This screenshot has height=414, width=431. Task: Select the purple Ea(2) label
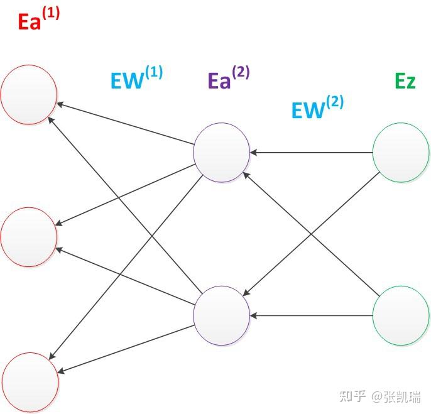pos(228,79)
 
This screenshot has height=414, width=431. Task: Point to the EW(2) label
pos(317,108)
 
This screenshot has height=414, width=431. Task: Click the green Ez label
pos(405,81)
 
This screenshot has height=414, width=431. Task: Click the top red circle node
pos(28,95)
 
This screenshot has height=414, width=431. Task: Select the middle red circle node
pos(28,237)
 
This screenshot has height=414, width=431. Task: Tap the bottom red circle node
pos(30,381)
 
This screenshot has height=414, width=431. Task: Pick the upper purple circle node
pos(221,153)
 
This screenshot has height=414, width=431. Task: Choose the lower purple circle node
pos(221,315)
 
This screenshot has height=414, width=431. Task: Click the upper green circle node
pos(401,153)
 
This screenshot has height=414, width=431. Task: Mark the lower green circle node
pos(401,315)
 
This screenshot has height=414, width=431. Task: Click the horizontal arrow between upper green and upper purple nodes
pos(311,153)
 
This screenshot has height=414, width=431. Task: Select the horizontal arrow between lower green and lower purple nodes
pos(311,315)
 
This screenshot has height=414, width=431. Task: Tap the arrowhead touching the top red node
pos(60,103)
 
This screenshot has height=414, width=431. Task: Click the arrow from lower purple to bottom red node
pos(126,349)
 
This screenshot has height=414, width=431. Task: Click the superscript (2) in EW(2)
pos(334,101)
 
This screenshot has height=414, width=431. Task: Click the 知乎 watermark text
pos(352,396)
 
